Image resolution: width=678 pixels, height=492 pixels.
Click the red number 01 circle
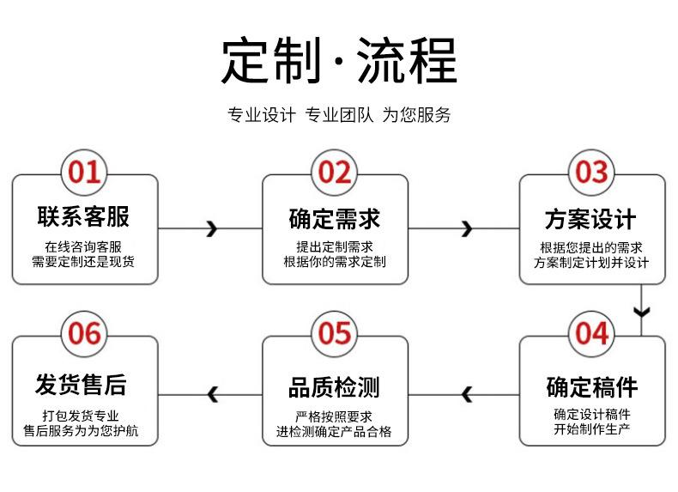tap(84, 173)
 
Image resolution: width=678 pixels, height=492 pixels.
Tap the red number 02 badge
tap(334, 173)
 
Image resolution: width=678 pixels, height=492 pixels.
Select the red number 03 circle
tap(591, 173)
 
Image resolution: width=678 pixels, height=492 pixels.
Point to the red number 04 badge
tap(591, 334)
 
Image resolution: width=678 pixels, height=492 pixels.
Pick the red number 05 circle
tap(334, 334)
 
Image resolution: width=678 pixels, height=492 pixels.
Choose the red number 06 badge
tap(84, 334)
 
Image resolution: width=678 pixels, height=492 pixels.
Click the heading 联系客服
tap(83, 216)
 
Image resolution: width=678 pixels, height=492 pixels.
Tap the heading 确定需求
tap(334, 218)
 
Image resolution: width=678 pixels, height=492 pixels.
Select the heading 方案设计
tap(590, 219)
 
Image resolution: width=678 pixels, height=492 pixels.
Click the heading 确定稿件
tap(592, 386)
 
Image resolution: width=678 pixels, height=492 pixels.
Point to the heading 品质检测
tap(334, 387)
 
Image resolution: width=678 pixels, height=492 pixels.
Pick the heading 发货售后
tap(81, 385)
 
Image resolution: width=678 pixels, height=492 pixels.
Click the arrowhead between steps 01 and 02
tap(212, 228)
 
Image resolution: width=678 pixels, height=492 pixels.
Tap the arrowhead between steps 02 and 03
tap(467, 228)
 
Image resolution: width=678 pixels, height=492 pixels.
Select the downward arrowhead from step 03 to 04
tap(642, 312)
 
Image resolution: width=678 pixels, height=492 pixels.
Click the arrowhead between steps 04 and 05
tap(467, 394)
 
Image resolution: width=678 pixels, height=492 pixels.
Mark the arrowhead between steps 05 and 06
tap(212, 394)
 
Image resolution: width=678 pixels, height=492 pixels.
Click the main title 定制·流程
tap(340, 60)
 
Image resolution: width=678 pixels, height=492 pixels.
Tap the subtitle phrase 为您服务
tap(416, 115)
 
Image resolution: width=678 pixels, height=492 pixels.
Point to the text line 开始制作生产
tap(591, 429)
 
